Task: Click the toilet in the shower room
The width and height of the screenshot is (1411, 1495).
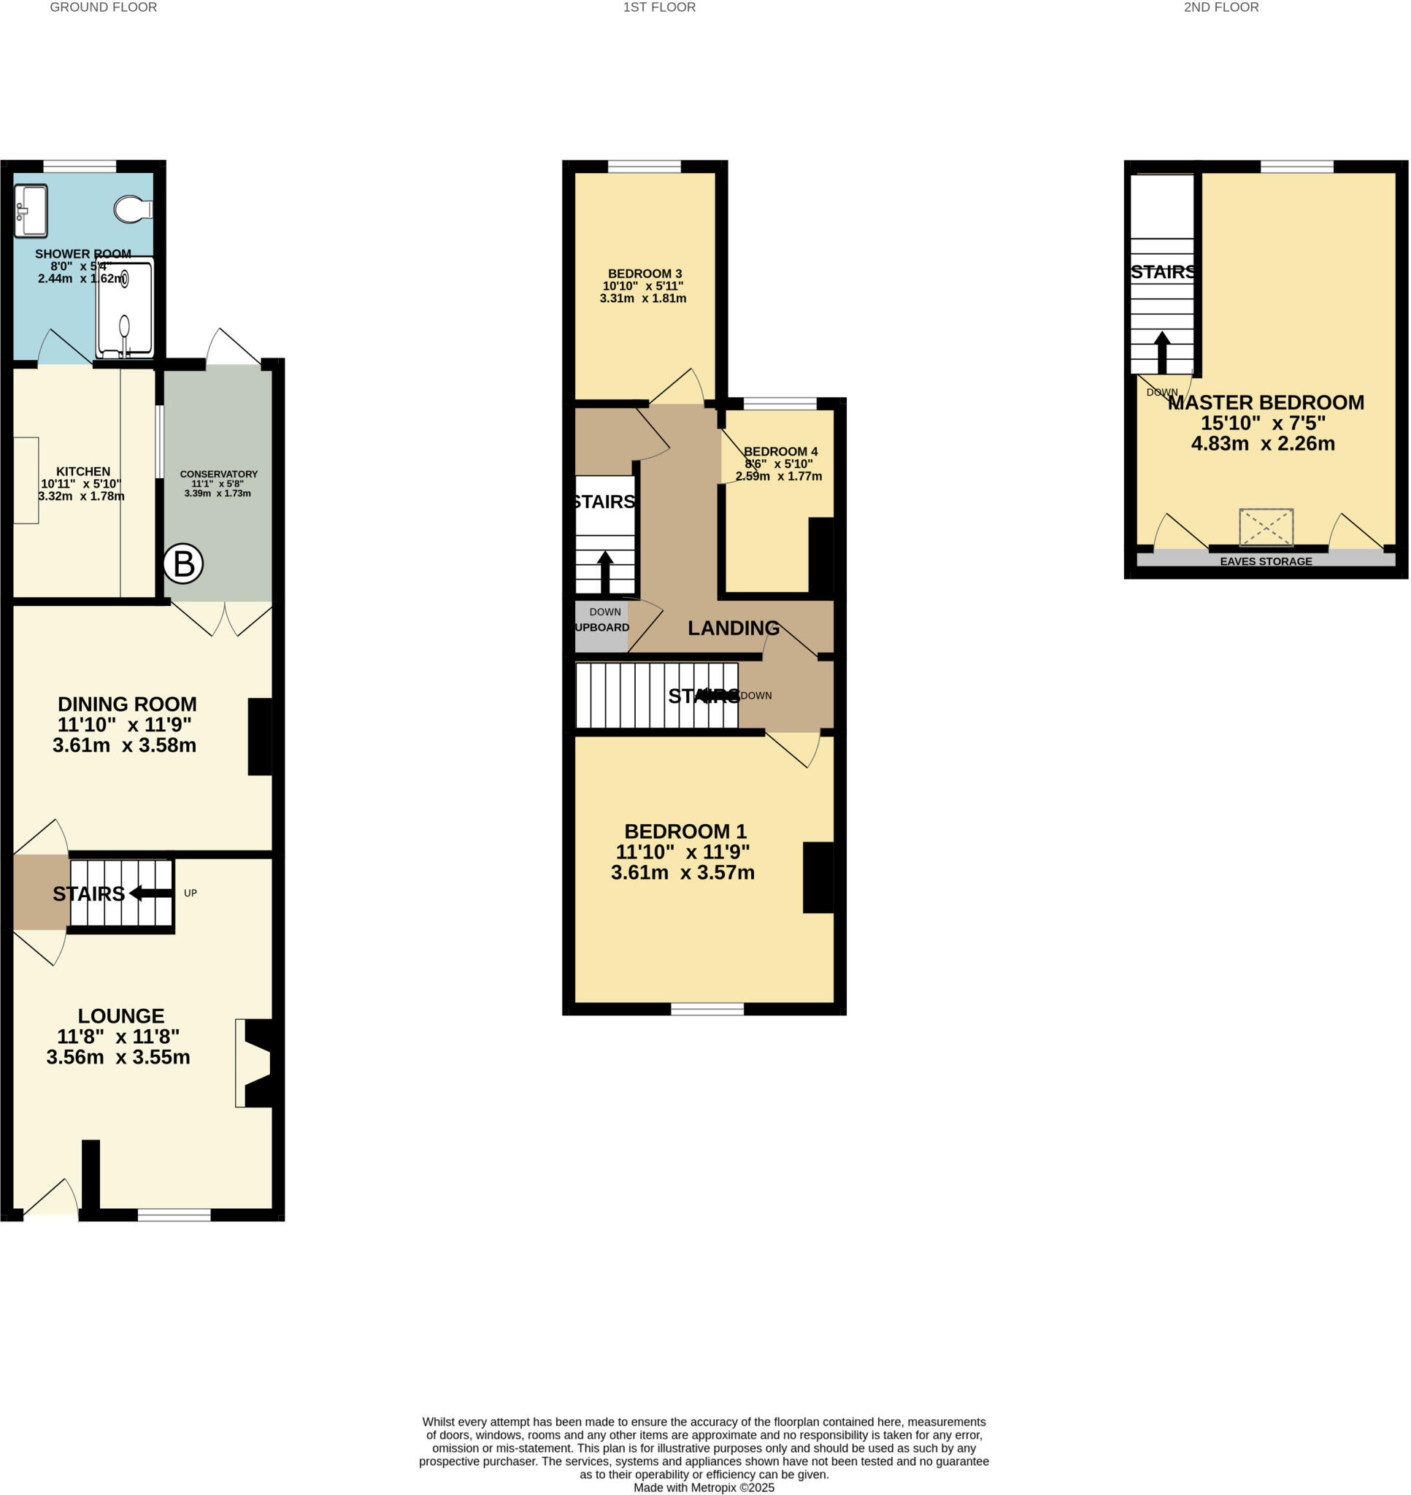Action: click(132, 210)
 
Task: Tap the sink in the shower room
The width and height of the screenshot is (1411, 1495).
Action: click(31, 210)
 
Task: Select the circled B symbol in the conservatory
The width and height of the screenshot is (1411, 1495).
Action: click(183, 564)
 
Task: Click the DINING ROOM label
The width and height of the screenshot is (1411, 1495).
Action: click(127, 704)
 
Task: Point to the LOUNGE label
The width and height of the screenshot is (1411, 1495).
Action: click(120, 1015)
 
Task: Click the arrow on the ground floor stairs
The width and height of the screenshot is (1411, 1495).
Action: click(150, 893)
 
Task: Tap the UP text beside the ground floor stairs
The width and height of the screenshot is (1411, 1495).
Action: click(191, 893)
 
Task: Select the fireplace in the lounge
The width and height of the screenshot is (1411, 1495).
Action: click(255, 1062)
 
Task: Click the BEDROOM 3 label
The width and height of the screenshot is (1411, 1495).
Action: click(645, 274)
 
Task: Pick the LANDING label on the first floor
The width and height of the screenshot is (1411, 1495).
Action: click(734, 628)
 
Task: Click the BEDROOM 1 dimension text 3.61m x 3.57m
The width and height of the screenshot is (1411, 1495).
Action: click(683, 872)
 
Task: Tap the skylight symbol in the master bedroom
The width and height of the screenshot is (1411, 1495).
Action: click(1266, 527)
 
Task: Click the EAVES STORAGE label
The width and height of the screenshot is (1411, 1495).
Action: click(1266, 561)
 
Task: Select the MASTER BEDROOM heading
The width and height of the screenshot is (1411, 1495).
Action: click(1266, 402)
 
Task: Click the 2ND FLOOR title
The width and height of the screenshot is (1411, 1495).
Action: click(1220, 7)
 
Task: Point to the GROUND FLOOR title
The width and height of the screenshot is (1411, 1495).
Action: click(103, 7)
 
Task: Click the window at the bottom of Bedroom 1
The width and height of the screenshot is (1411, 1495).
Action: click(707, 1010)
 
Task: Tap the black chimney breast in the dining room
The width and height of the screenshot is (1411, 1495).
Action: click(259, 737)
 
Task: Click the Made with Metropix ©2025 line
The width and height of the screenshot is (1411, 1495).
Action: click(703, 1488)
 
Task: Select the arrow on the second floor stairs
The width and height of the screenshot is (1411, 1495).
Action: click(1162, 352)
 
